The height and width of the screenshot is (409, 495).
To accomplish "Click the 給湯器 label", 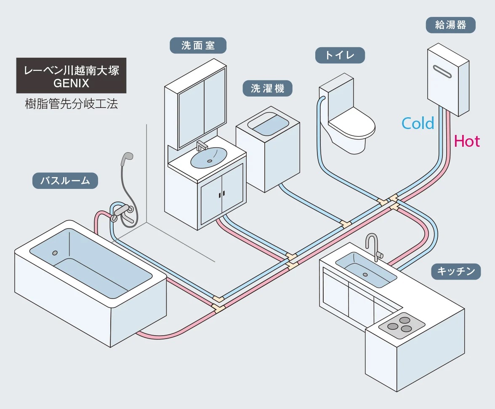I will pos(450,25).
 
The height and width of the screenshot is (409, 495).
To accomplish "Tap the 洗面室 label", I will pos(198,46).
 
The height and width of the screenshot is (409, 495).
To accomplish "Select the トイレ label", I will pos(340,55).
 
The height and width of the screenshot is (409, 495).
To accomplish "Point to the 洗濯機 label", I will pos(267,88).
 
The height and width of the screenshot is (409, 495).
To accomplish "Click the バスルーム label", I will pos(65,181).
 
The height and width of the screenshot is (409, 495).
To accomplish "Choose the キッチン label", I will pos(456,271).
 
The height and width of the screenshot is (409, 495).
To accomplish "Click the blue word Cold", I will pos(418,124).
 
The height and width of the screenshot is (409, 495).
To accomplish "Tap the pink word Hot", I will pos(467,142).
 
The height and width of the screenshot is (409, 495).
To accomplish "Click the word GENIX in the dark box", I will pos(71,83).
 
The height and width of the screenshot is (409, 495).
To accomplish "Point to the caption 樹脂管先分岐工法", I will pos(71,104).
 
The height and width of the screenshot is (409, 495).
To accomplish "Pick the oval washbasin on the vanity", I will pos(208,157).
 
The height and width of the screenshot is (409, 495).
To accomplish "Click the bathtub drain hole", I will pos(55,253).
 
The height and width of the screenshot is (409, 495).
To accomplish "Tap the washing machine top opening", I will pos(268,125).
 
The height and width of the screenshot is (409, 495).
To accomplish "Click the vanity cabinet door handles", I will pos(221,194).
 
